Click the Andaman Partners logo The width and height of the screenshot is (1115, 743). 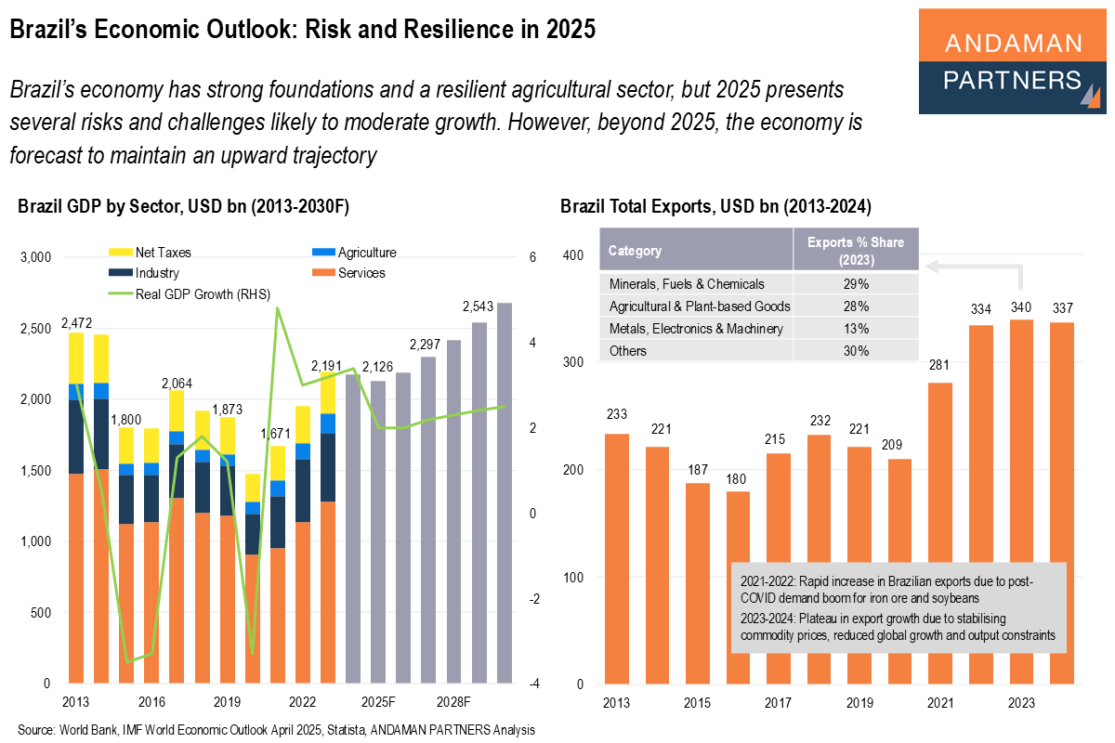click(1012, 61)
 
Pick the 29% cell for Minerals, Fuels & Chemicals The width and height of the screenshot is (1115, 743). click(856, 283)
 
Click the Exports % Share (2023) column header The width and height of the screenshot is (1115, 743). click(856, 251)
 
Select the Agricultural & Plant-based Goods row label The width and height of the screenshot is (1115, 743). click(699, 306)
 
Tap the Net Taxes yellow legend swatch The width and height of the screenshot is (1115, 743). click(121, 253)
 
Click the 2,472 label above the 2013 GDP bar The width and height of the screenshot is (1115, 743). click(76, 323)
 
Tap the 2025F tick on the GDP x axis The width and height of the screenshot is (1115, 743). click(378, 700)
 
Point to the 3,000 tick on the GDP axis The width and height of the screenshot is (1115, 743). click(35, 257)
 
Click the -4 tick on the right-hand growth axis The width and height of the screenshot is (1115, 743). click(533, 684)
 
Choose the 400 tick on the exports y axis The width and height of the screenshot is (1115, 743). click(572, 255)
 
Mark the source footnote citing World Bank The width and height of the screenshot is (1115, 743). click(276, 729)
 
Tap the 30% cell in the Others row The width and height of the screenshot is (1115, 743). click(856, 351)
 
